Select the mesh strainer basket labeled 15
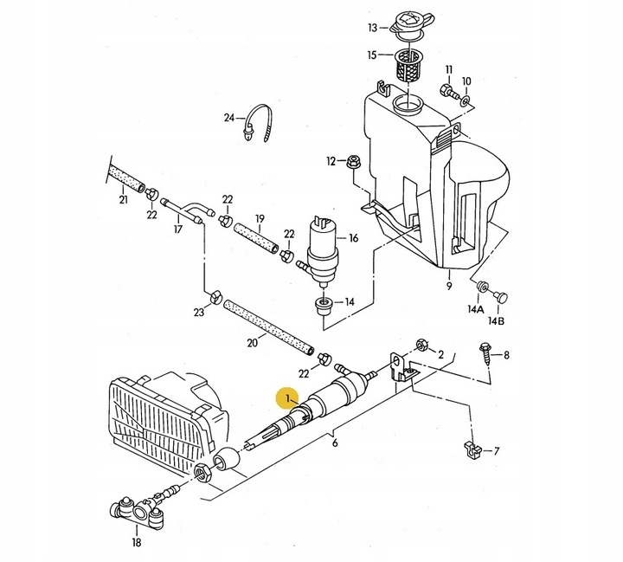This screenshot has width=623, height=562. click(x=408, y=64)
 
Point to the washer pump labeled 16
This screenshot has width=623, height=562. click(x=324, y=245)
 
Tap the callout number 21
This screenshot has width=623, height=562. click(x=123, y=201)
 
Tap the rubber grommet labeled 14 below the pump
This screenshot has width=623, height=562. click(x=324, y=303)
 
